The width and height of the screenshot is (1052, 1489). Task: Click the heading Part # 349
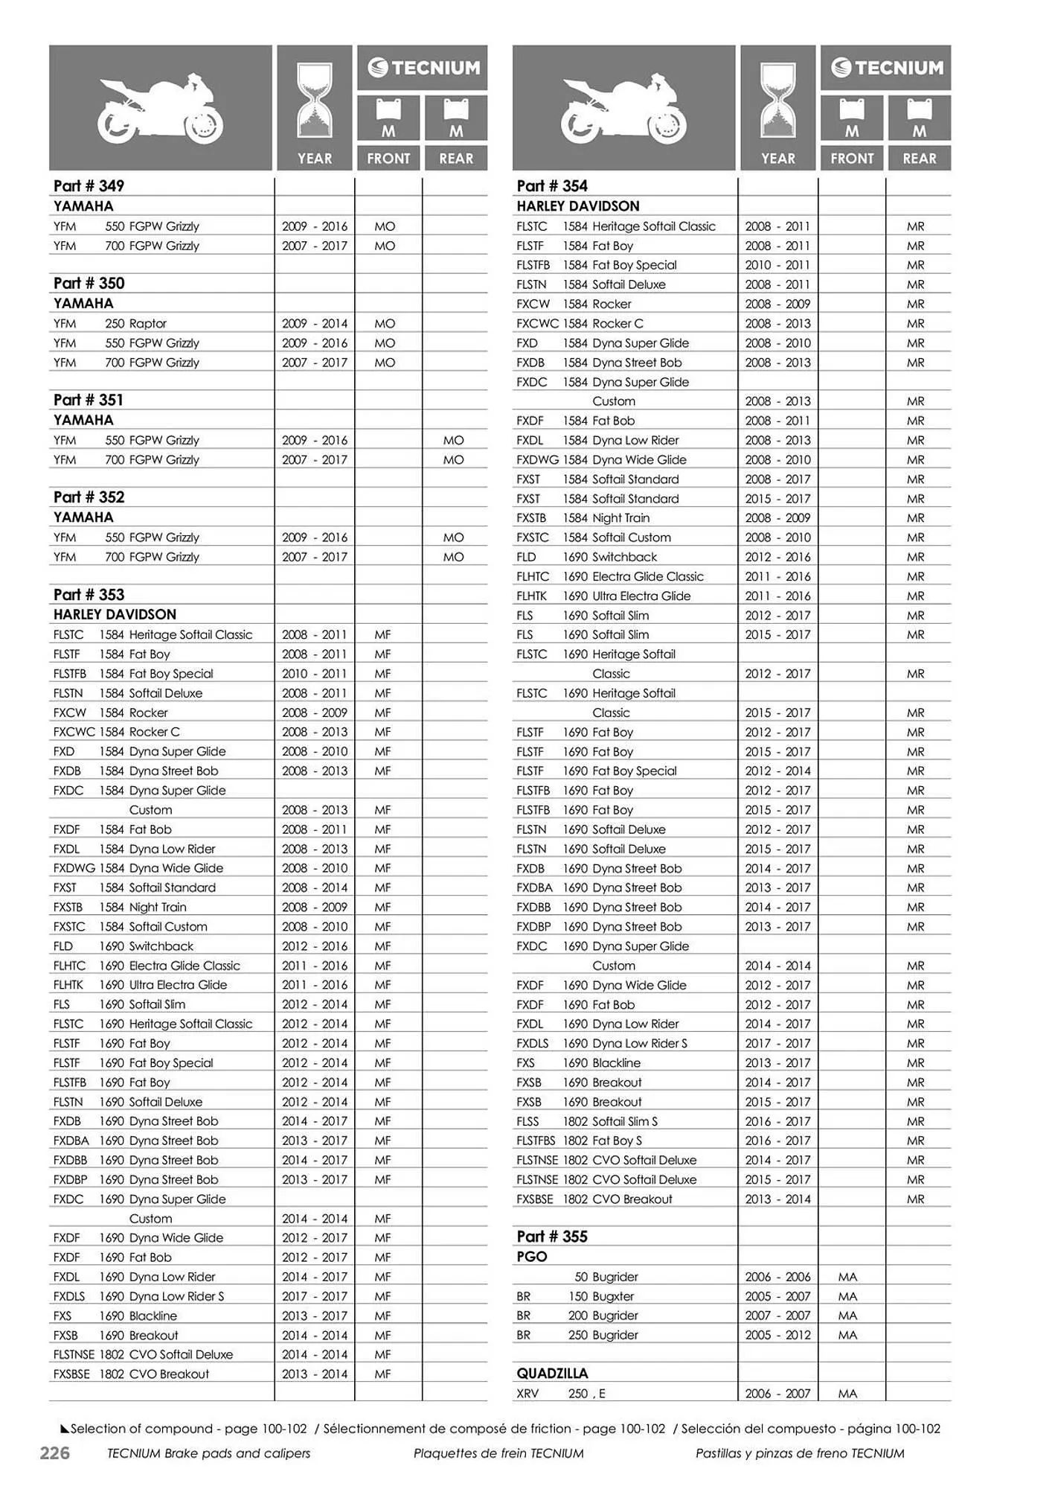tap(89, 186)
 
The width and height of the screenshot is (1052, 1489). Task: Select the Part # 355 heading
tap(552, 1237)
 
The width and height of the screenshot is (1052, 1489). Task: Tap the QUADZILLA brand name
tap(552, 1374)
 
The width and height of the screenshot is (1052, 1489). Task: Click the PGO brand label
tap(532, 1257)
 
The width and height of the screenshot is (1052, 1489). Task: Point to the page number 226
tap(54, 1453)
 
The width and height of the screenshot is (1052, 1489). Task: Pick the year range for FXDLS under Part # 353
tap(314, 1296)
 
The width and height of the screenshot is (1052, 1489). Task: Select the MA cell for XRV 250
tap(847, 1394)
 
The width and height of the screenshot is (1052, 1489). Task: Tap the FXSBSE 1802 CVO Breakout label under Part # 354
tap(594, 1199)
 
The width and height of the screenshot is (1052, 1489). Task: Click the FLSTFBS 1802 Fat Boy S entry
tap(579, 1141)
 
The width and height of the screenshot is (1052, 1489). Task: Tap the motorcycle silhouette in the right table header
tap(623, 108)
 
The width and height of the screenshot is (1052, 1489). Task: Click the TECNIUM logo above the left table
tap(423, 68)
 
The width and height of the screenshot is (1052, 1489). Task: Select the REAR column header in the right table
tap(919, 159)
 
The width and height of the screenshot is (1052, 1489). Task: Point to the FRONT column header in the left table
tap(388, 159)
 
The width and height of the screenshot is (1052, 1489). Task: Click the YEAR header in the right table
tap(777, 159)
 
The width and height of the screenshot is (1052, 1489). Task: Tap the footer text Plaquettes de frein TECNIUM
tap(498, 1453)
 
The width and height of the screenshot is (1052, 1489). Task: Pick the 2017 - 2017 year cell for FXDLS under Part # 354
tap(777, 1044)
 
